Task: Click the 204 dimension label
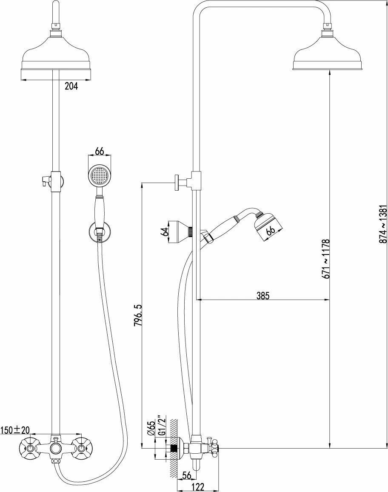pyautogui.click(x=71, y=86)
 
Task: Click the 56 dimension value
pyautogui.click(x=186, y=476)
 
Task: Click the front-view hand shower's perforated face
pyautogui.click(x=100, y=175)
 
